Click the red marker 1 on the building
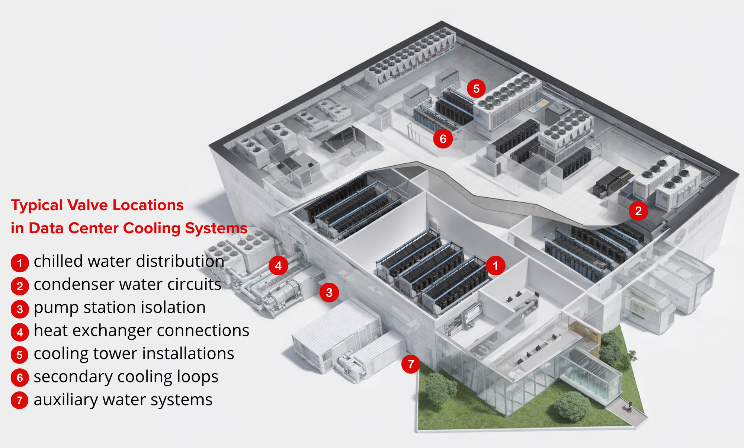(495, 266)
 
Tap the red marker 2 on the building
(638, 211)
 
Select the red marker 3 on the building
(329, 292)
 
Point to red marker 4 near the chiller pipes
(278, 266)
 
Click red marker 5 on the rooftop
(476, 89)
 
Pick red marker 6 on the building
(443, 139)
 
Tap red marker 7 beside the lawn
(411, 364)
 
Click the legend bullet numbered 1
(20, 263)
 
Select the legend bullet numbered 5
(20, 355)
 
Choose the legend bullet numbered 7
(20, 401)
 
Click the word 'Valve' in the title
(88, 205)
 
